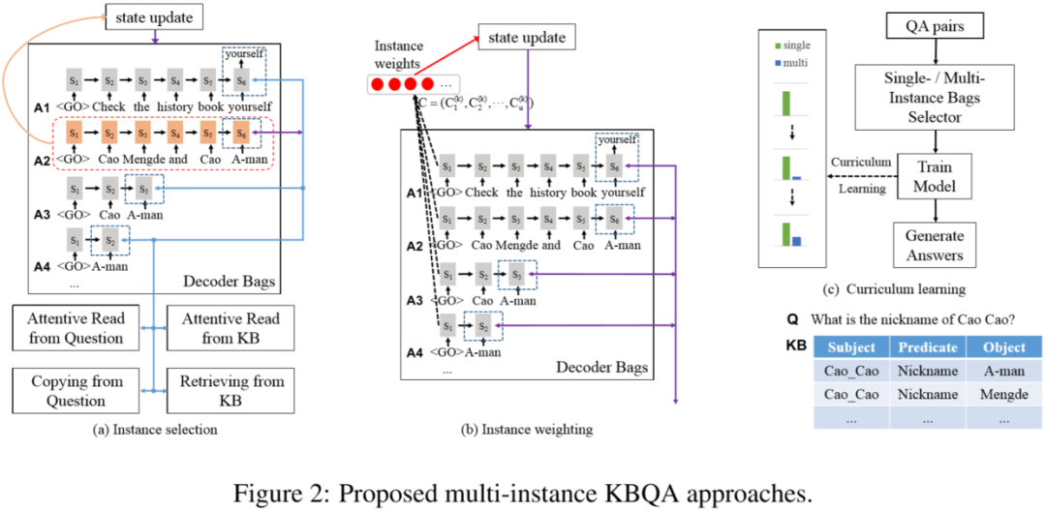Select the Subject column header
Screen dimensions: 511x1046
[851, 346]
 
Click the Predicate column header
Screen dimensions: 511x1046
[927, 346]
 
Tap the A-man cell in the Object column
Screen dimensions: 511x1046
[1003, 372]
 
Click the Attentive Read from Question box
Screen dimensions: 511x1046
[76, 329]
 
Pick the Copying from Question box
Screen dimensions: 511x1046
[76, 391]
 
